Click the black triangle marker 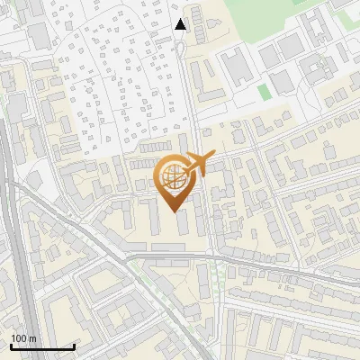tap(181, 24)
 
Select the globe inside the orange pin tap(174, 178)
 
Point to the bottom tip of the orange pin tap(174, 211)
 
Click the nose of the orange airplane tap(212, 157)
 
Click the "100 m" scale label tap(22, 338)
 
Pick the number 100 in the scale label tap(19, 338)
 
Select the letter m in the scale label tap(31, 338)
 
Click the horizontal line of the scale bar tap(42, 347)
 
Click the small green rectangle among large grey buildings tap(264, 92)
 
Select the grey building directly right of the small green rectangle tap(282, 82)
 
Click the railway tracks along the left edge tap(13, 225)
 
